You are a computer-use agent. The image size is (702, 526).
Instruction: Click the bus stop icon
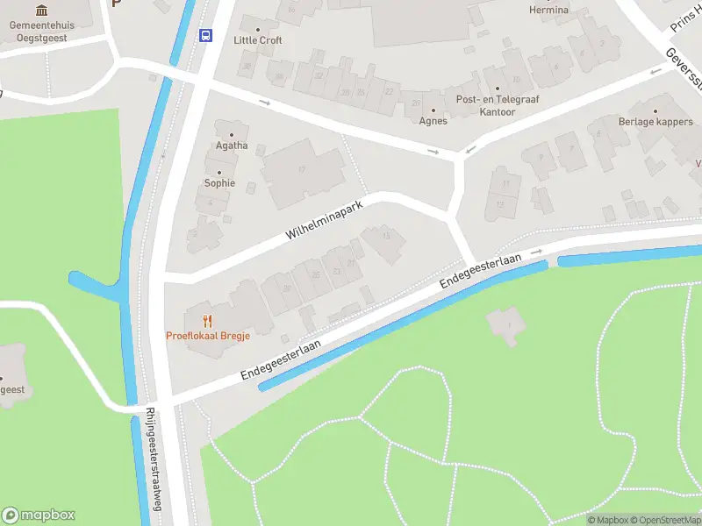click(206, 35)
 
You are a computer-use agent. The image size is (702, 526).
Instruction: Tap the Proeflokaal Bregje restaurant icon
click(208, 321)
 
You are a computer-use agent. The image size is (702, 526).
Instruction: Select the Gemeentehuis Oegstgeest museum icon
click(42, 11)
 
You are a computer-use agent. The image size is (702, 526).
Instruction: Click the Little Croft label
click(258, 40)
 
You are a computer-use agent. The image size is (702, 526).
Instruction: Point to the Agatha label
click(233, 146)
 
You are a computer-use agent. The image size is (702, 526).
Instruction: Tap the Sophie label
click(219, 183)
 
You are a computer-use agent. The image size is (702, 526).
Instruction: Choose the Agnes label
click(433, 121)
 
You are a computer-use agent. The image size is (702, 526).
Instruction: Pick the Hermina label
click(548, 11)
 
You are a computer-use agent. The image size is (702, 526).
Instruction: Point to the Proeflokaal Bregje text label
click(208, 336)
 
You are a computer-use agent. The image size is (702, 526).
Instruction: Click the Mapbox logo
click(39, 515)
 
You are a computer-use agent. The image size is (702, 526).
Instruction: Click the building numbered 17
click(303, 170)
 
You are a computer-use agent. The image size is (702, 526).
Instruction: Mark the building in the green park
click(506, 325)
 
